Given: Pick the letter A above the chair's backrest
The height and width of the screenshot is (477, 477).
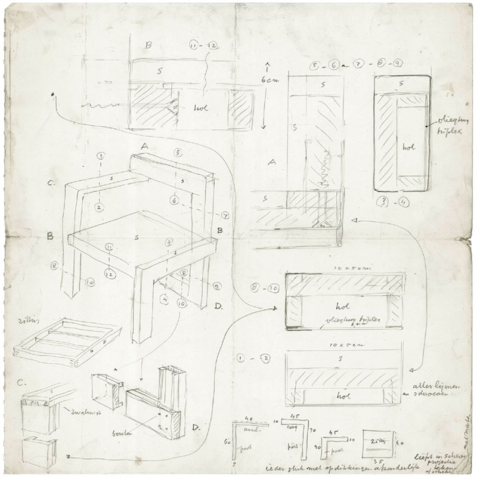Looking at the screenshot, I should click(x=144, y=145).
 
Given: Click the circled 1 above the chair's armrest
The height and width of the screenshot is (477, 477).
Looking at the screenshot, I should click(x=100, y=159).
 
